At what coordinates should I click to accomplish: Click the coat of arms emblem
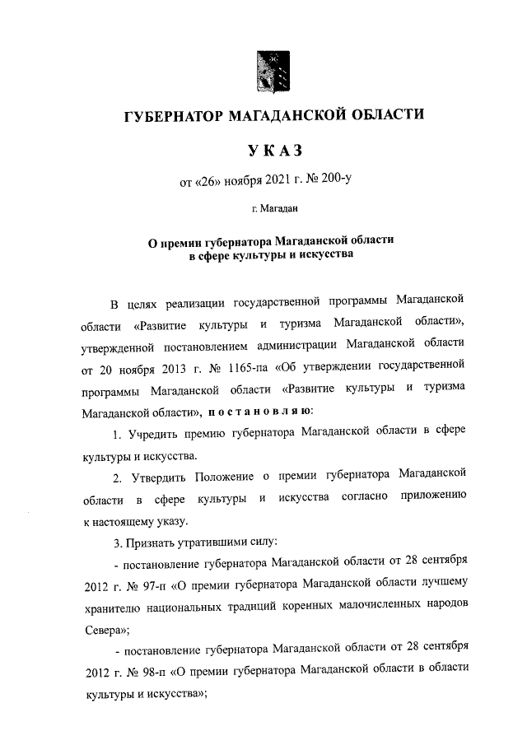tap(272, 71)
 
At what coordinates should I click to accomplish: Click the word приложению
tap(434, 497)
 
